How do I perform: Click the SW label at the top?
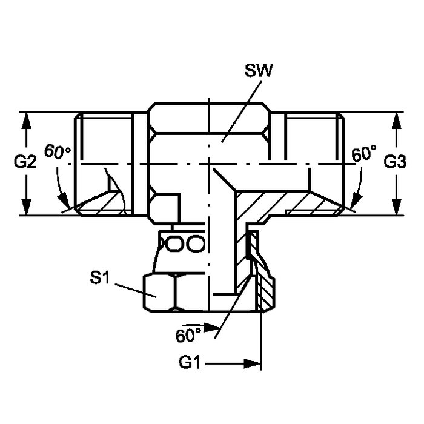259,71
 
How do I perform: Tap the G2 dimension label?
25,162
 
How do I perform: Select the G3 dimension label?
395,162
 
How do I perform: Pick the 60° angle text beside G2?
58,151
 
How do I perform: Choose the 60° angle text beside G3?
363,154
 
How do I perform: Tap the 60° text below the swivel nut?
188,336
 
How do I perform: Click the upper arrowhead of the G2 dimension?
26,121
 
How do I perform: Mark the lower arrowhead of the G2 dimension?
26,207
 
